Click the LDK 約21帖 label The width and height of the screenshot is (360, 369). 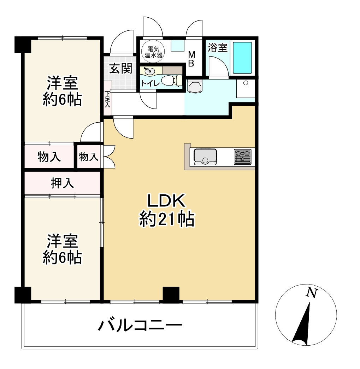click(x=166, y=211)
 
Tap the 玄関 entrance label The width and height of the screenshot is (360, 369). click(x=120, y=69)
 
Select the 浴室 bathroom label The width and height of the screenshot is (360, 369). click(x=217, y=47)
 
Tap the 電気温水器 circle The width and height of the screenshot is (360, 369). click(x=153, y=52)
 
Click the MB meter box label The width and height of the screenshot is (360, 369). click(x=191, y=59)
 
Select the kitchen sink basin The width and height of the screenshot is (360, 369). click(x=205, y=157)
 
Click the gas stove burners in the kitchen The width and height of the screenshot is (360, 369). click(x=242, y=157)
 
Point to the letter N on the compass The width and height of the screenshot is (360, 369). click(x=311, y=293)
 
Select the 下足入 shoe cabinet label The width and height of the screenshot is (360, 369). click(x=107, y=99)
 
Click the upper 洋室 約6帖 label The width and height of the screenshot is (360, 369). click(x=62, y=92)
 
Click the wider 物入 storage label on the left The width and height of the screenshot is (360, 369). click(x=49, y=157)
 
